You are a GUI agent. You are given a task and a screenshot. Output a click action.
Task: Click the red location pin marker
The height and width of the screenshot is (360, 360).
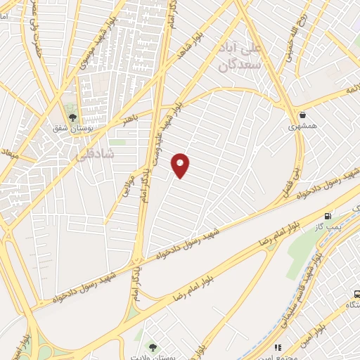pos(181,165)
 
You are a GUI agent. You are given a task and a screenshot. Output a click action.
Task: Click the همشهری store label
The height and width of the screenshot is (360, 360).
pos(302,127)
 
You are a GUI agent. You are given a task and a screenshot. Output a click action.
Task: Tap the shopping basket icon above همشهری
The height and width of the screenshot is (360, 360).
pos(302,115)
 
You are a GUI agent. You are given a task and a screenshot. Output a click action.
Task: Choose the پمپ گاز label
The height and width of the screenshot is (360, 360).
pos(328,227)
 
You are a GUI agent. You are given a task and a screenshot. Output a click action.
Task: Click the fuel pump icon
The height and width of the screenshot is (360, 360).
pos(328,215)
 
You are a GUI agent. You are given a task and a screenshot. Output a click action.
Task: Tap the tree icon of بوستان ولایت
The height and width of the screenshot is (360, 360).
pos(153,345)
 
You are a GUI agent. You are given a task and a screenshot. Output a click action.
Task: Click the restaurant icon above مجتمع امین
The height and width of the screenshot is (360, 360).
pos(279,347)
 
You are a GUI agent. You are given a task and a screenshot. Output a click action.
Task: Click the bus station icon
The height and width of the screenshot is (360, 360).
pos(356,295)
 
